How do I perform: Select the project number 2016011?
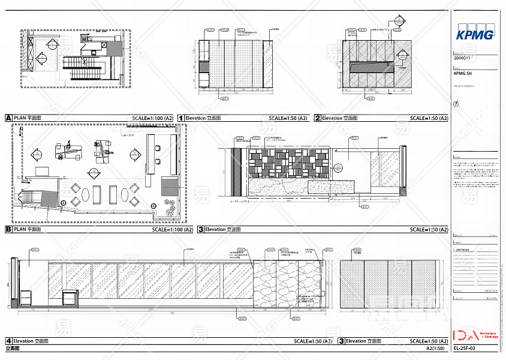coord(462,58)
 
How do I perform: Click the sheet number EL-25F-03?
coord(465,348)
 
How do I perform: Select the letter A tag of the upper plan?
coord(8,118)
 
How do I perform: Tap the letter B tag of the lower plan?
coord(8,229)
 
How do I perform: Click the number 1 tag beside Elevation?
coord(180,118)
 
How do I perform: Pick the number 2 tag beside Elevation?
coord(318,118)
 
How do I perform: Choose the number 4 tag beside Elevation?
coord(8,341)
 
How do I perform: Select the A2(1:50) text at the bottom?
coord(435,348)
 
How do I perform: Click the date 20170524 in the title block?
coord(463,249)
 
